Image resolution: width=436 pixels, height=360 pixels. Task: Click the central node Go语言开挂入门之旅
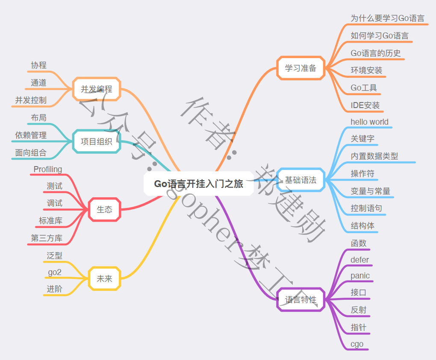pos(199,184)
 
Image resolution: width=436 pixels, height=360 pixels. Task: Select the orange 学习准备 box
pos(301,68)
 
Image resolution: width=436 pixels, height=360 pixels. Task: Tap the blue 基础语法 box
pos(301,180)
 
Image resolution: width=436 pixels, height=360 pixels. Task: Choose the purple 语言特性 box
pos(301,299)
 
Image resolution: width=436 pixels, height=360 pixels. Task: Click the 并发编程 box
pos(97,89)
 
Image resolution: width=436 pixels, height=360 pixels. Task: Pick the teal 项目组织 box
pos(97,141)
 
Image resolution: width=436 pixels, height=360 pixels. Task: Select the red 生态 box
pos(104,209)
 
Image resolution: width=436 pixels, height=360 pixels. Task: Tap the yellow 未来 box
pos(104,278)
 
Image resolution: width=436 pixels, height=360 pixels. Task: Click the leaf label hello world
pos(369,122)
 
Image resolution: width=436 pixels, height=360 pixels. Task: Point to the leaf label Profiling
pos(48,169)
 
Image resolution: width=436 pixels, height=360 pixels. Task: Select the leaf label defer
pos(359,260)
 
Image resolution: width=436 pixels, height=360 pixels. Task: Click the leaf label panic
pos(360,275)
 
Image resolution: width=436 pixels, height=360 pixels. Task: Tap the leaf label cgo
pos(357,344)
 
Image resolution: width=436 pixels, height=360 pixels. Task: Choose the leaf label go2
pos(55,272)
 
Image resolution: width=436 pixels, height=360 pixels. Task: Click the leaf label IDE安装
pos(365,105)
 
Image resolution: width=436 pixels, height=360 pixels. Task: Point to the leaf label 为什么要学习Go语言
pos(387,18)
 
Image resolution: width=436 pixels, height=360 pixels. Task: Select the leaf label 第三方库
pos(47,238)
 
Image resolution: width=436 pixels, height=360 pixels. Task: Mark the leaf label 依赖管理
pos(31,135)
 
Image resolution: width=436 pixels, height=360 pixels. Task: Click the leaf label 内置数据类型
pos(374,156)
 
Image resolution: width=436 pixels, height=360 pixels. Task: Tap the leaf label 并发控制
pos(31,100)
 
